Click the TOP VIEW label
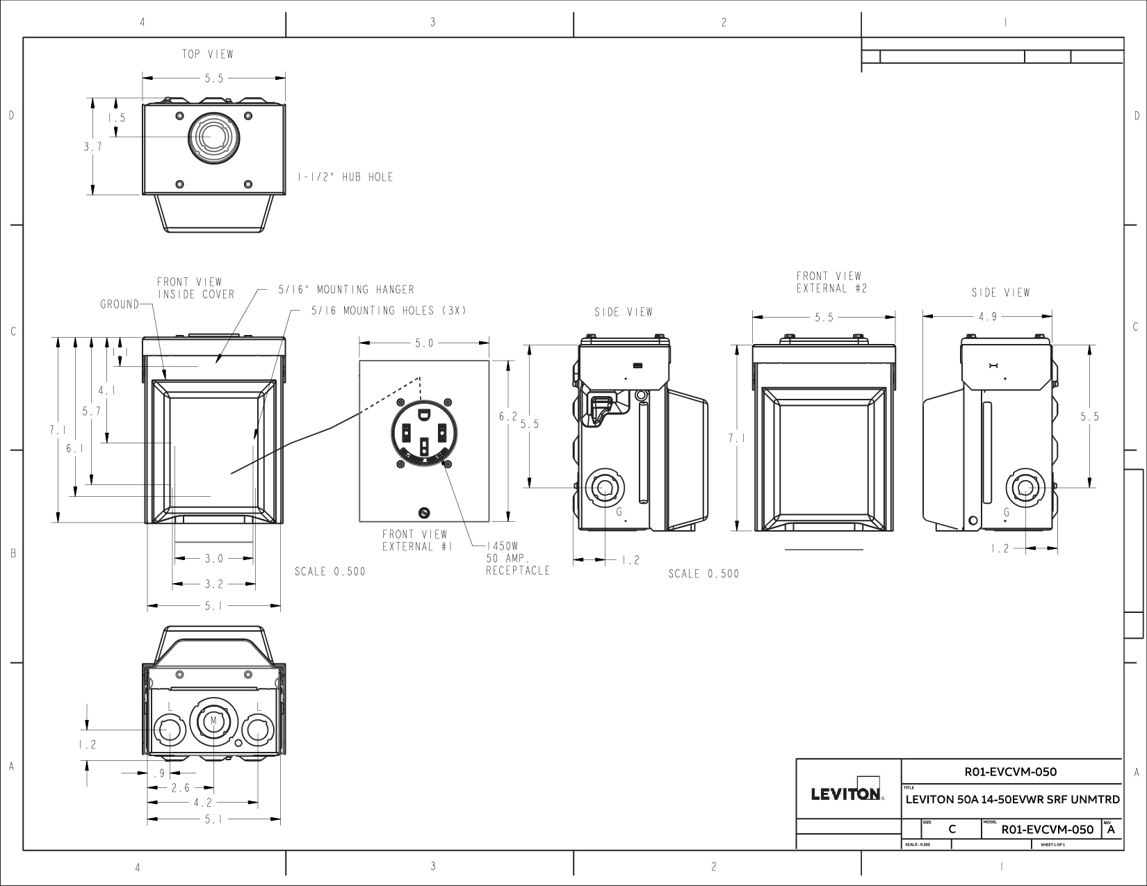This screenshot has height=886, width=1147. [x=207, y=54]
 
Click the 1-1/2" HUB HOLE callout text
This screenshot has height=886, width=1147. [x=345, y=177]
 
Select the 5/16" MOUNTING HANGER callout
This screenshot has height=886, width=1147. [x=345, y=290]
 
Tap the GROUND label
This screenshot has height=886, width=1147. [x=120, y=304]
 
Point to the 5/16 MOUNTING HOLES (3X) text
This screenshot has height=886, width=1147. [x=389, y=311]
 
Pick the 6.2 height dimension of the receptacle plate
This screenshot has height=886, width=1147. [x=508, y=416]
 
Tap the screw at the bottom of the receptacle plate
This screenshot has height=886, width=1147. [x=423, y=513]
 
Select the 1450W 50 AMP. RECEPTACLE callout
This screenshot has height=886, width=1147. [x=518, y=559]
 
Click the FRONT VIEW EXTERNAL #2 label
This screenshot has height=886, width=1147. [x=830, y=282]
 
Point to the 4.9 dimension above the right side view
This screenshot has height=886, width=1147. [x=987, y=317]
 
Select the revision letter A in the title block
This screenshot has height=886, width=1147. [x=1111, y=829]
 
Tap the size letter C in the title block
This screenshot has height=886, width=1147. [x=952, y=829]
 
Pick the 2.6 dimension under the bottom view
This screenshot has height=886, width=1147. [x=180, y=787]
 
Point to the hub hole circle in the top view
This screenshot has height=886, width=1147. [x=211, y=137]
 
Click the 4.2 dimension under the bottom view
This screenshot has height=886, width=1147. [x=203, y=803]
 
